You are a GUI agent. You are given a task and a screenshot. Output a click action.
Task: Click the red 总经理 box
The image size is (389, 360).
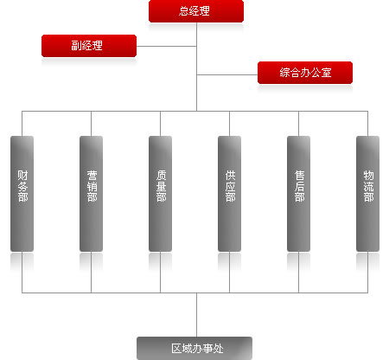(x=196, y=11)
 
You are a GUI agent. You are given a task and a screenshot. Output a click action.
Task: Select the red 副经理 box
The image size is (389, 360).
(x=89, y=46)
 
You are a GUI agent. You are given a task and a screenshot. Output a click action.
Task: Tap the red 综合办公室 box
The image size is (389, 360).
(x=305, y=73)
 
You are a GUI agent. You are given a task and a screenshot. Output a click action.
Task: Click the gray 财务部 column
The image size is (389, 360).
(x=22, y=194)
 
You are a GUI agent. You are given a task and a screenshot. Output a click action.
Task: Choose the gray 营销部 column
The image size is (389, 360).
(x=92, y=194)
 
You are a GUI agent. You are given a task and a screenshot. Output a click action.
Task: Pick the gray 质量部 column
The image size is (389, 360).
(x=161, y=194)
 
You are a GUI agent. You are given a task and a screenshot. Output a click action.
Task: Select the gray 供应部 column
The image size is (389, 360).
(x=230, y=194)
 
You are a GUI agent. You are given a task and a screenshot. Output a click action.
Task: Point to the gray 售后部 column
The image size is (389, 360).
(x=299, y=194)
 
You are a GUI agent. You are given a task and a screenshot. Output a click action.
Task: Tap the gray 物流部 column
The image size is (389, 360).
(x=368, y=194)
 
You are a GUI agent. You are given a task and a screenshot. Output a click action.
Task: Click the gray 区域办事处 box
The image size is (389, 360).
(x=194, y=348)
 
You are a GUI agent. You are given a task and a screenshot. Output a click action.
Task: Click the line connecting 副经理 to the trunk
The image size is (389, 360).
(x=167, y=46)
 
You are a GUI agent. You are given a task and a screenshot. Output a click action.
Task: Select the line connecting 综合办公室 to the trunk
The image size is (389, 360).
(x=227, y=75)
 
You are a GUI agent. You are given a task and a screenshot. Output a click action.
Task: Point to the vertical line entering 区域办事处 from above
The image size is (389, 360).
(x=197, y=315)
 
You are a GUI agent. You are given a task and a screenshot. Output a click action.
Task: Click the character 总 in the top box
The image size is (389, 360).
(x=184, y=11)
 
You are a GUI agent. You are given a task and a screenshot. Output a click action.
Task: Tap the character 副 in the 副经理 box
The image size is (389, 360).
(x=76, y=46)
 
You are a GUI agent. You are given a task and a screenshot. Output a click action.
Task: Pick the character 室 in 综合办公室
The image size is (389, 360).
(x=327, y=73)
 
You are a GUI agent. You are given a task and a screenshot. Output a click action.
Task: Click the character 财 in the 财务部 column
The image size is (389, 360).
(x=22, y=175)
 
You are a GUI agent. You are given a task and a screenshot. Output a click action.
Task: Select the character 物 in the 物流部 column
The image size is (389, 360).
(x=368, y=175)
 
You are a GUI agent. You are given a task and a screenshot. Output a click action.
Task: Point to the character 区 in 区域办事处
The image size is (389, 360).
(x=176, y=349)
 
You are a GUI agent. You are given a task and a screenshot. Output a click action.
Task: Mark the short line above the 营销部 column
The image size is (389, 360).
(x=92, y=124)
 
